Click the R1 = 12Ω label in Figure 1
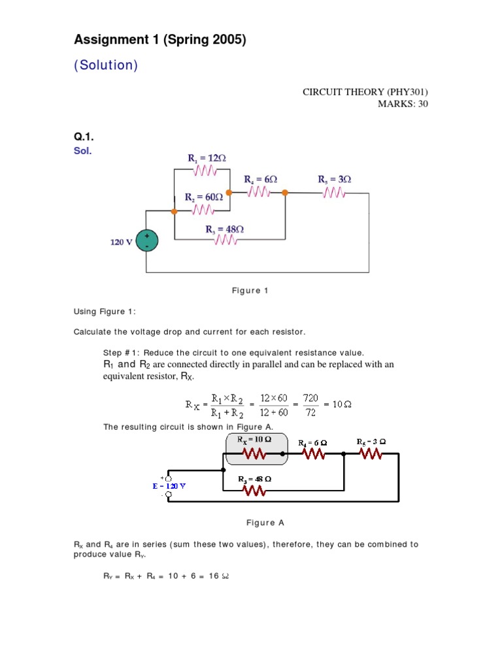[207, 158]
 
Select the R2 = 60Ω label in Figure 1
[203, 196]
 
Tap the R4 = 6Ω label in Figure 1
[261, 179]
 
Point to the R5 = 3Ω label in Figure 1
[335, 179]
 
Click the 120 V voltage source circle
[146, 241]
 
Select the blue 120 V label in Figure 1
[122, 242]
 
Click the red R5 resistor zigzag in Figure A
[371, 453]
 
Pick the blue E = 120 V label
[170, 486]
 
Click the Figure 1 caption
[250, 291]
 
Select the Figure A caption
[265, 523]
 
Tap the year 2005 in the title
[225, 41]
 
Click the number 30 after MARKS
[422, 104]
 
